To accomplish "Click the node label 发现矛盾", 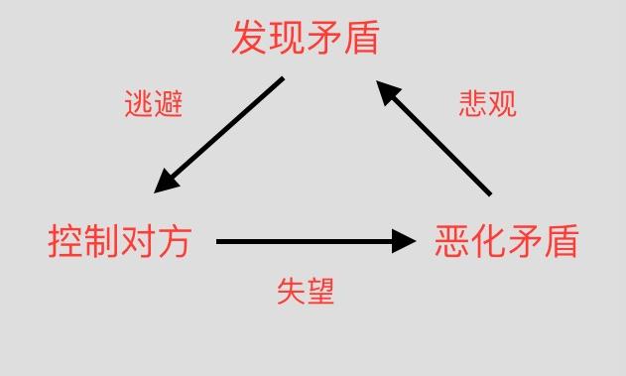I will (306, 40).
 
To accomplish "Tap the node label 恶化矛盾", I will (506, 241).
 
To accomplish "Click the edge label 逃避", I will (154, 104).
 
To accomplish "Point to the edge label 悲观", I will (487, 104).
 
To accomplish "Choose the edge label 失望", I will (306, 291).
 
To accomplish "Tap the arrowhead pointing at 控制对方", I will (168, 183).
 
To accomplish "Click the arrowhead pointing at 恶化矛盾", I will (403, 241).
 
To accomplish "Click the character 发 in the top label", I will (250, 40).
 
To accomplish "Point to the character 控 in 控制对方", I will (65, 241).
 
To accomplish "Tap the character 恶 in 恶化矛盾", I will (452, 241).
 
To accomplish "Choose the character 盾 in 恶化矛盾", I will (560, 241).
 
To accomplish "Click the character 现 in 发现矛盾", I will (287, 40).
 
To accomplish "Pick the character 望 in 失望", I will (320, 291).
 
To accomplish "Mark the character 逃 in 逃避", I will (139, 104).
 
